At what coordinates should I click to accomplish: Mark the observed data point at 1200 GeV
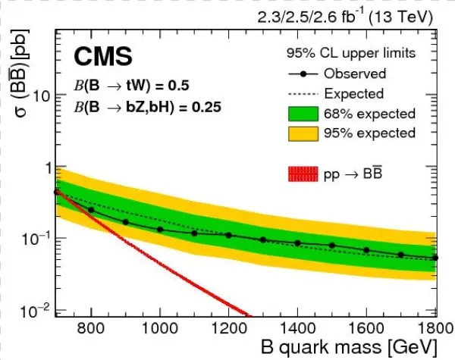pyautogui.click(x=228, y=235)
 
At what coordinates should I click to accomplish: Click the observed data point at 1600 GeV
pyautogui.click(x=366, y=250)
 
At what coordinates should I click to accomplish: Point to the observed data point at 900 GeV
pyautogui.click(x=125, y=222)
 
